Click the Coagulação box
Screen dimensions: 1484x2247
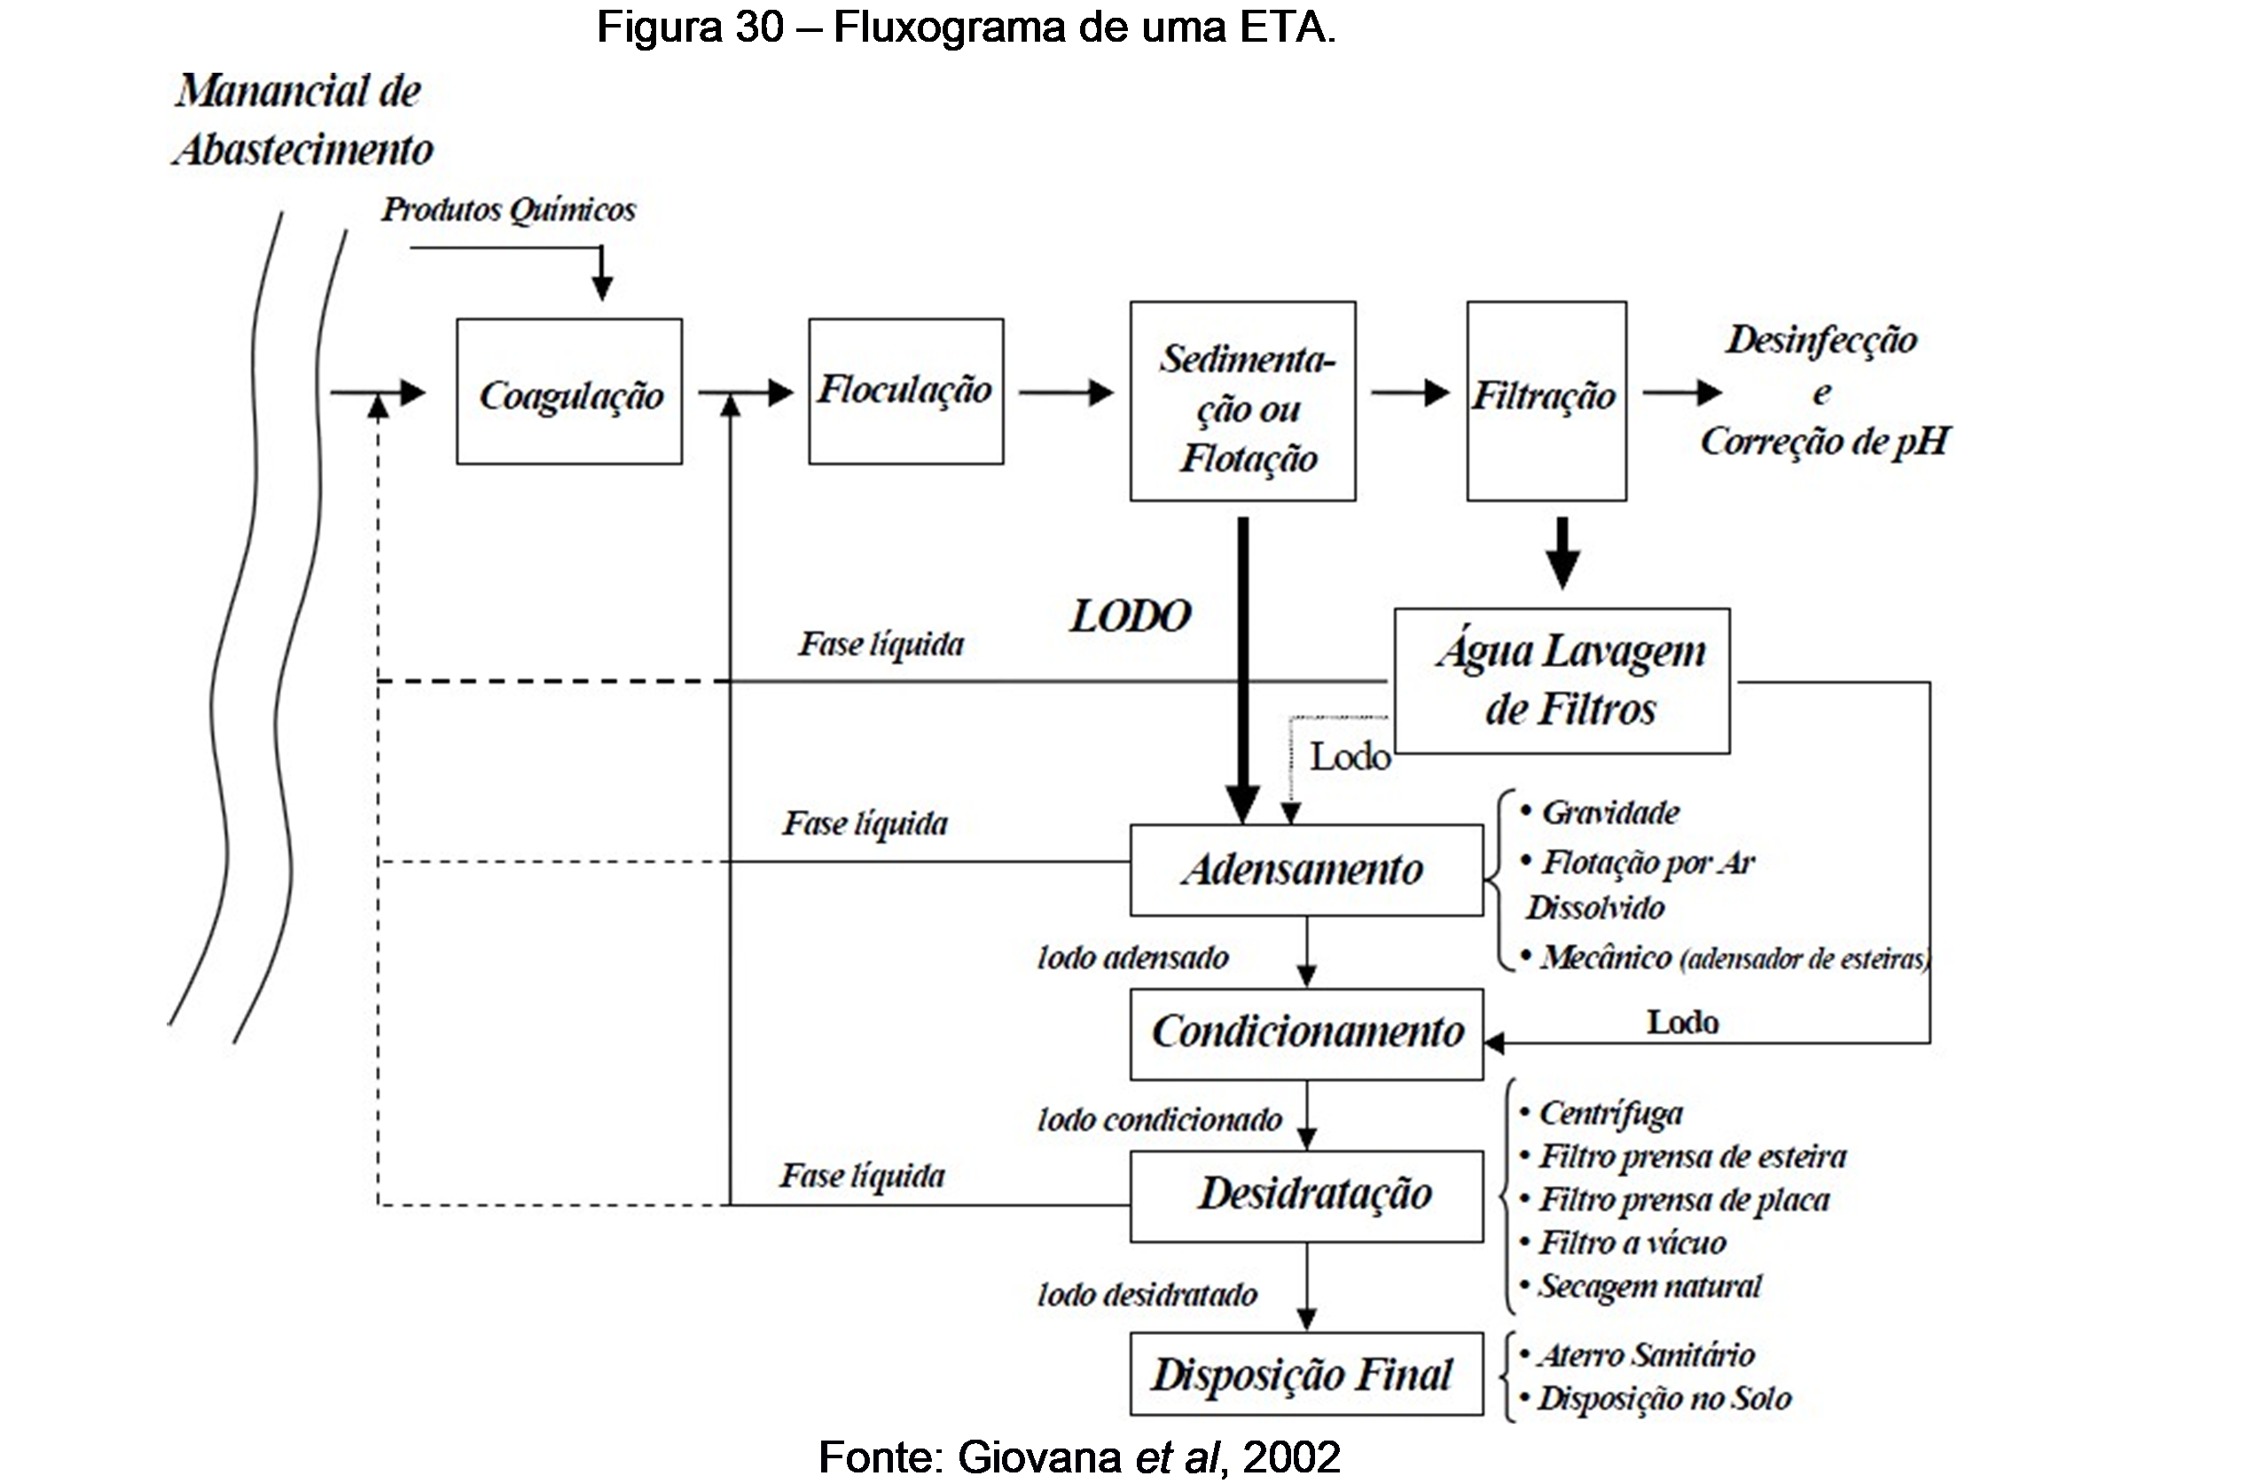click(x=569, y=392)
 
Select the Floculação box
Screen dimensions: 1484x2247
click(x=905, y=391)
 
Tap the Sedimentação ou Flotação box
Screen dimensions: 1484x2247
click(x=1242, y=401)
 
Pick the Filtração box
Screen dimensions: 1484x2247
click(x=1546, y=400)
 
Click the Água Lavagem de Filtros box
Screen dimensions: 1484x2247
click(x=1562, y=680)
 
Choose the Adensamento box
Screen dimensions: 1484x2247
click(x=1305, y=870)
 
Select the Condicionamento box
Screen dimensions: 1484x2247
click(x=1305, y=1033)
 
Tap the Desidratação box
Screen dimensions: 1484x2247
click(x=1305, y=1196)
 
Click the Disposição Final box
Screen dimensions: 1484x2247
click(x=1305, y=1374)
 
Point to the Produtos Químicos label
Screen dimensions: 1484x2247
click(x=509, y=210)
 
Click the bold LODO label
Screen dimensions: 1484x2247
click(x=1130, y=617)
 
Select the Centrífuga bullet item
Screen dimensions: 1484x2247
click(x=1609, y=1114)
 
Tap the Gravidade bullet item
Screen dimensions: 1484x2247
click(x=1609, y=813)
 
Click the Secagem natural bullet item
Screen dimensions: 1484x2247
click(x=1649, y=1286)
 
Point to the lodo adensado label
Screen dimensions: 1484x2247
click(x=1132, y=958)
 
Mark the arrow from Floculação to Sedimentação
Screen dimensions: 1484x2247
click(x=1066, y=392)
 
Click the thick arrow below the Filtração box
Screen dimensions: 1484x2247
click(x=1562, y=552)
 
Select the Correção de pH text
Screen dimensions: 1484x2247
click(x=1824, y=442)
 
